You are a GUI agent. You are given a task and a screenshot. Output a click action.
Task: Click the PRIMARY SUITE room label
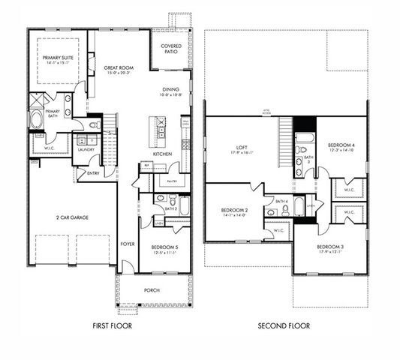[x=56, y=57]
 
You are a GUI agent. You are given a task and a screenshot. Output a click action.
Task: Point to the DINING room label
[x=170, y=89]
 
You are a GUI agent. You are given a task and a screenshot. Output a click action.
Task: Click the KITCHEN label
[x=164, y=154]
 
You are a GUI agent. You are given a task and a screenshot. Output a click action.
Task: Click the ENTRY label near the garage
[x=93, y=173]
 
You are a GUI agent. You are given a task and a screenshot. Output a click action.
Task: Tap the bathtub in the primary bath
[x=36, y=120]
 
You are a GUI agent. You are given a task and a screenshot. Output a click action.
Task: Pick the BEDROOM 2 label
[x=235, y=210]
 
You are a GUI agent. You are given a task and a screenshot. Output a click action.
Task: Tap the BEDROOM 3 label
[x=329, y=247]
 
